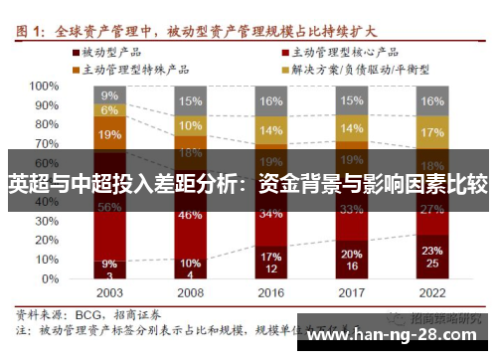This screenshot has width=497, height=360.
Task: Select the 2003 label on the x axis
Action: tap(109, 294)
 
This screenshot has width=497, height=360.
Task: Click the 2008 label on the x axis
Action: tap(190, 294)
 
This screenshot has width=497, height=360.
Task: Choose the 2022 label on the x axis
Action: tap(431, 294)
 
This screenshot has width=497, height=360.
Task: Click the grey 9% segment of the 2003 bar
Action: tap(109, 95)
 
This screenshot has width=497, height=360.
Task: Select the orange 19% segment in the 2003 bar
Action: tap(109, 134)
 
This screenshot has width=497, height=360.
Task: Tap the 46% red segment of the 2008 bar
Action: tap(190, 215)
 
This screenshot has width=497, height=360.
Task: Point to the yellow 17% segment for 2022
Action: tap(431, 132)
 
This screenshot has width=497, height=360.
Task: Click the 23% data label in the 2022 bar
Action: tap(431, 251)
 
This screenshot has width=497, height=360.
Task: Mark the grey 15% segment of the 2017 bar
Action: tap(351, 100)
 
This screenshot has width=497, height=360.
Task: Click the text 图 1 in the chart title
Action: tap(34, 29)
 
